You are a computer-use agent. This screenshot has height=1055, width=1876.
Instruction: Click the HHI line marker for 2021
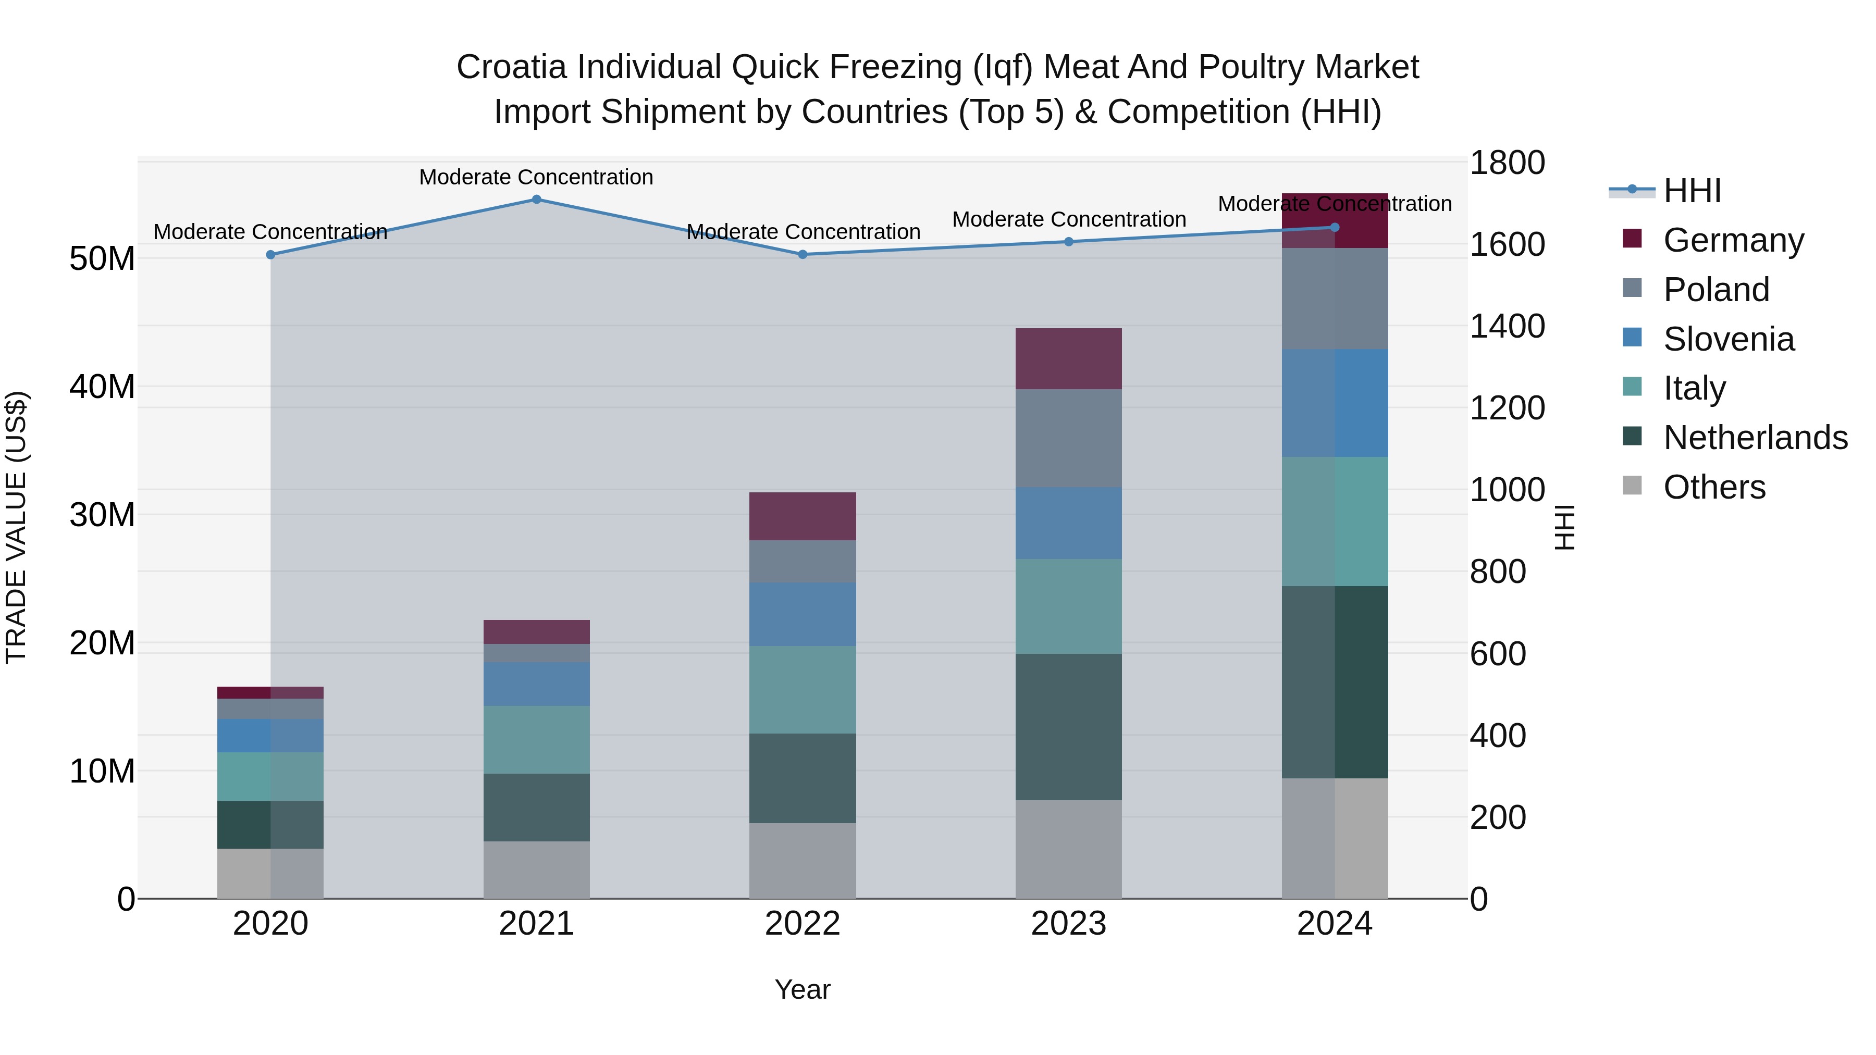[536, 200]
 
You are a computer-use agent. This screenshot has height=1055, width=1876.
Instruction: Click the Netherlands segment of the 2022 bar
[803, 778]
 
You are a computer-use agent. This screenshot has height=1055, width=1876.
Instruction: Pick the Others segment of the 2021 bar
[536, 870]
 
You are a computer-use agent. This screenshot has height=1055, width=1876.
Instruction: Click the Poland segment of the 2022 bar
[803, 561]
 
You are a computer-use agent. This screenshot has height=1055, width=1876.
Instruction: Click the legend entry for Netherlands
[1755, 438]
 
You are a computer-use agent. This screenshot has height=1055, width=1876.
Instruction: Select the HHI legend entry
[1692, 191]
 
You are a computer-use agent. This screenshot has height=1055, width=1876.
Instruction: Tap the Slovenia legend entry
[1728, 339]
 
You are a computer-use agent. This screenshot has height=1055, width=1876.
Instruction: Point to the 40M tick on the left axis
[102, 387]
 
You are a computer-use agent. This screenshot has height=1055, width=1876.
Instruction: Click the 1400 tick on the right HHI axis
[1507, 326]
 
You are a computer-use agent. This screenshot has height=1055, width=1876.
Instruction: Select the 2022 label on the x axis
[803, 924]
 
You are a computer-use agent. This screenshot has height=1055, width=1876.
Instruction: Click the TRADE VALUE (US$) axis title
[16, 527]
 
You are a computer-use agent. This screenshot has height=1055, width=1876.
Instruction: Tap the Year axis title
[803, 989]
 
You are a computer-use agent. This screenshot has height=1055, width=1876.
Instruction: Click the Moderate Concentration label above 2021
[536, 177]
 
